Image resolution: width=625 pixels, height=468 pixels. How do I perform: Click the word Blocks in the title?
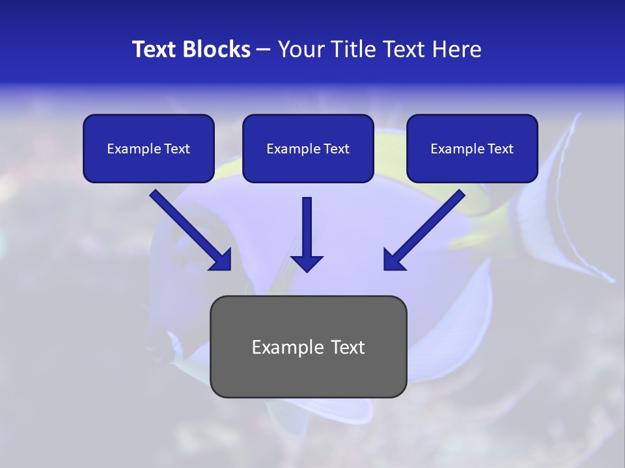(x=218, y=49)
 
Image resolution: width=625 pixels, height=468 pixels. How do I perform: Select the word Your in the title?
(x=299, y=49)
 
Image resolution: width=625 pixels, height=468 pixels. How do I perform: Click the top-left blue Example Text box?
(x=148, y=149)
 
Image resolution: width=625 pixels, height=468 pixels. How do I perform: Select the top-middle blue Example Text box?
(x=308, y=149)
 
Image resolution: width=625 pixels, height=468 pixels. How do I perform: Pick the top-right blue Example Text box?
(x=472, y=149)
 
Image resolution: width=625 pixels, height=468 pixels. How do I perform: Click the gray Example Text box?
(x=309, y=347)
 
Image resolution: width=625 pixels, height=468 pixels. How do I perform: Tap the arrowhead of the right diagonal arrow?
(x=393, y=261)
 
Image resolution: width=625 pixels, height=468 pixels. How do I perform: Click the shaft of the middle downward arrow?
(x=307, y=224)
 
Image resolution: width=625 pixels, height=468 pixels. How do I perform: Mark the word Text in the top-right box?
(x=500, y=149)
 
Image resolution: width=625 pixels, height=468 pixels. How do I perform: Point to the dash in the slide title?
(x=264, y=49)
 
